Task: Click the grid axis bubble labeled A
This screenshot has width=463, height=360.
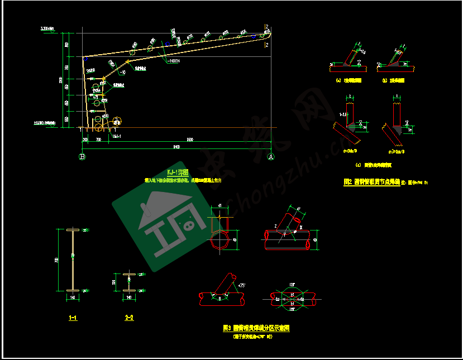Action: pos(271,157)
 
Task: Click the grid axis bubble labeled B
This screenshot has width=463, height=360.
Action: pos(83,157)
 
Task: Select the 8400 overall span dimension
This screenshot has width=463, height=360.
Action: pos(176,147)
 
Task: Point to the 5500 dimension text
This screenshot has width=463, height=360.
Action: pos(190,140)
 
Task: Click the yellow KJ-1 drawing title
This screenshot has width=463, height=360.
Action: pos(177,172)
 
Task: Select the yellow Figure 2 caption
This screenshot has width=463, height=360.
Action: pos(371,182)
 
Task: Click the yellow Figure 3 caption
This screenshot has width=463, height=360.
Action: pos(256,328)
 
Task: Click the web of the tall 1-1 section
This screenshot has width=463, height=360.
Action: pos(73,260)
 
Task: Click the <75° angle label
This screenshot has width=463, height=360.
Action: pos(242,285)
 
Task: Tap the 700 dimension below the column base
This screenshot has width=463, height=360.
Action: pos(98,140)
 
